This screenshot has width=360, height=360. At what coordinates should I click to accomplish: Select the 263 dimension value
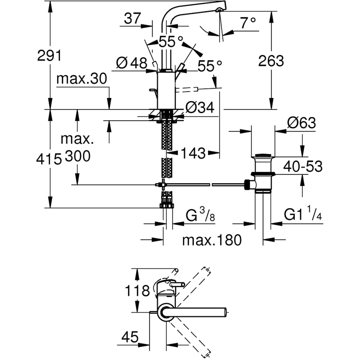click(x=271, y=61)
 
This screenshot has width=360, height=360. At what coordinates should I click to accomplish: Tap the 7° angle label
click(x=248, y=23)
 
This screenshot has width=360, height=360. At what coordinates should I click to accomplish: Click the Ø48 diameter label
click(x=132, y=64)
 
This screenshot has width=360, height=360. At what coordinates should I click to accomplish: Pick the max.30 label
click(x=82, y=79)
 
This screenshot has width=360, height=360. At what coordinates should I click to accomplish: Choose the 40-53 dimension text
click(x=302, y=166)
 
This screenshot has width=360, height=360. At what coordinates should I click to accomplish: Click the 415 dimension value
click(x=49, y=158)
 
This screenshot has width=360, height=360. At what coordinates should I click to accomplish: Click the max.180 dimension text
click(x=211, y=240)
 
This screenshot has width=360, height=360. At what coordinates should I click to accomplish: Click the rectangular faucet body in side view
click(x=166, y=90)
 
